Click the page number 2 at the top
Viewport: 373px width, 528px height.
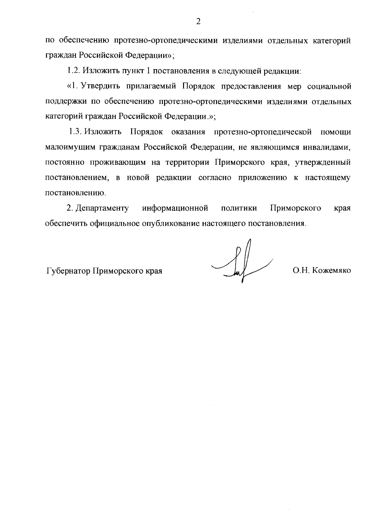(x=198, y=21)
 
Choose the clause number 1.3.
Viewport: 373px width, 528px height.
(x=75, y=132)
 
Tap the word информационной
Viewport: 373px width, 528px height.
(x=175, y=208)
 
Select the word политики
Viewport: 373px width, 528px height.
(x=239, y=208)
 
